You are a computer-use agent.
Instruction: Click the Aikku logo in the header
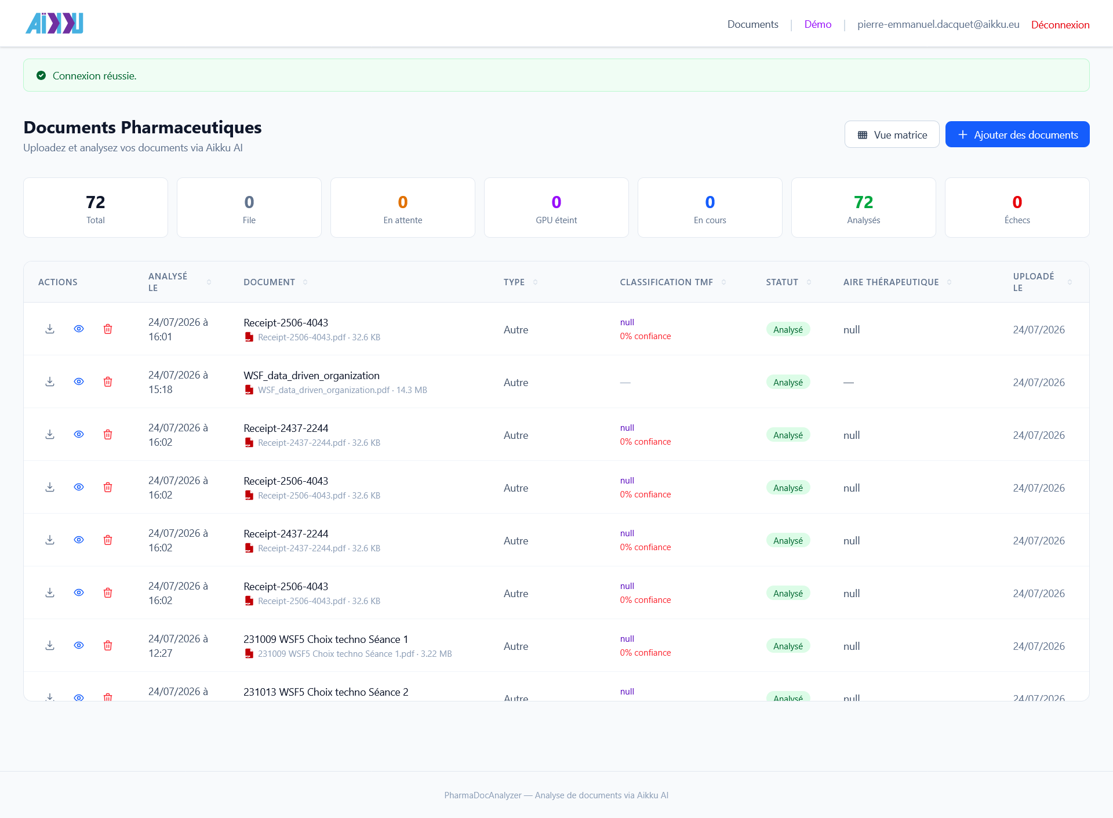(54, 23)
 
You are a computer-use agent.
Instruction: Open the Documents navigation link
(752, 24)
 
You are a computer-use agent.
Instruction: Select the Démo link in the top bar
(818, 24)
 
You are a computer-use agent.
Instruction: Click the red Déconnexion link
(1060, 25)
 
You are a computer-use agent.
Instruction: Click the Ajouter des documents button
(1017, 134)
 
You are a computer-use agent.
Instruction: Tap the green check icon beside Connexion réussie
(41, 75)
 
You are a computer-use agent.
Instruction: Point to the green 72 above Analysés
(864, 202)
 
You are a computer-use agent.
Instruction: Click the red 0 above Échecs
(1017, 202)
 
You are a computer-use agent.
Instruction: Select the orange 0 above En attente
(403, 202)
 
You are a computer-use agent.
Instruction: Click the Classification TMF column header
(666, 282)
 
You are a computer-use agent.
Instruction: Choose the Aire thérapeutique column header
(891, 282)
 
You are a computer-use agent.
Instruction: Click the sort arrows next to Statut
(809, 282)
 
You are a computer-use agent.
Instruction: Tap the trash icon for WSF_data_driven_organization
(108, 381)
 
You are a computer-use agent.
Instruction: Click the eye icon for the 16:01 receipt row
(79, 329)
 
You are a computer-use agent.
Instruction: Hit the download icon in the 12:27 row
(50, 645)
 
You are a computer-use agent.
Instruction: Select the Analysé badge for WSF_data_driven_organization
(788, 382)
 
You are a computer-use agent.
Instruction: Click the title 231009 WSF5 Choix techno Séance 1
(326, 639)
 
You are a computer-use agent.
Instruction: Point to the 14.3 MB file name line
(342, 390)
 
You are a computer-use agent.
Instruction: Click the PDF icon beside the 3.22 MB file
(249, 654)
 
